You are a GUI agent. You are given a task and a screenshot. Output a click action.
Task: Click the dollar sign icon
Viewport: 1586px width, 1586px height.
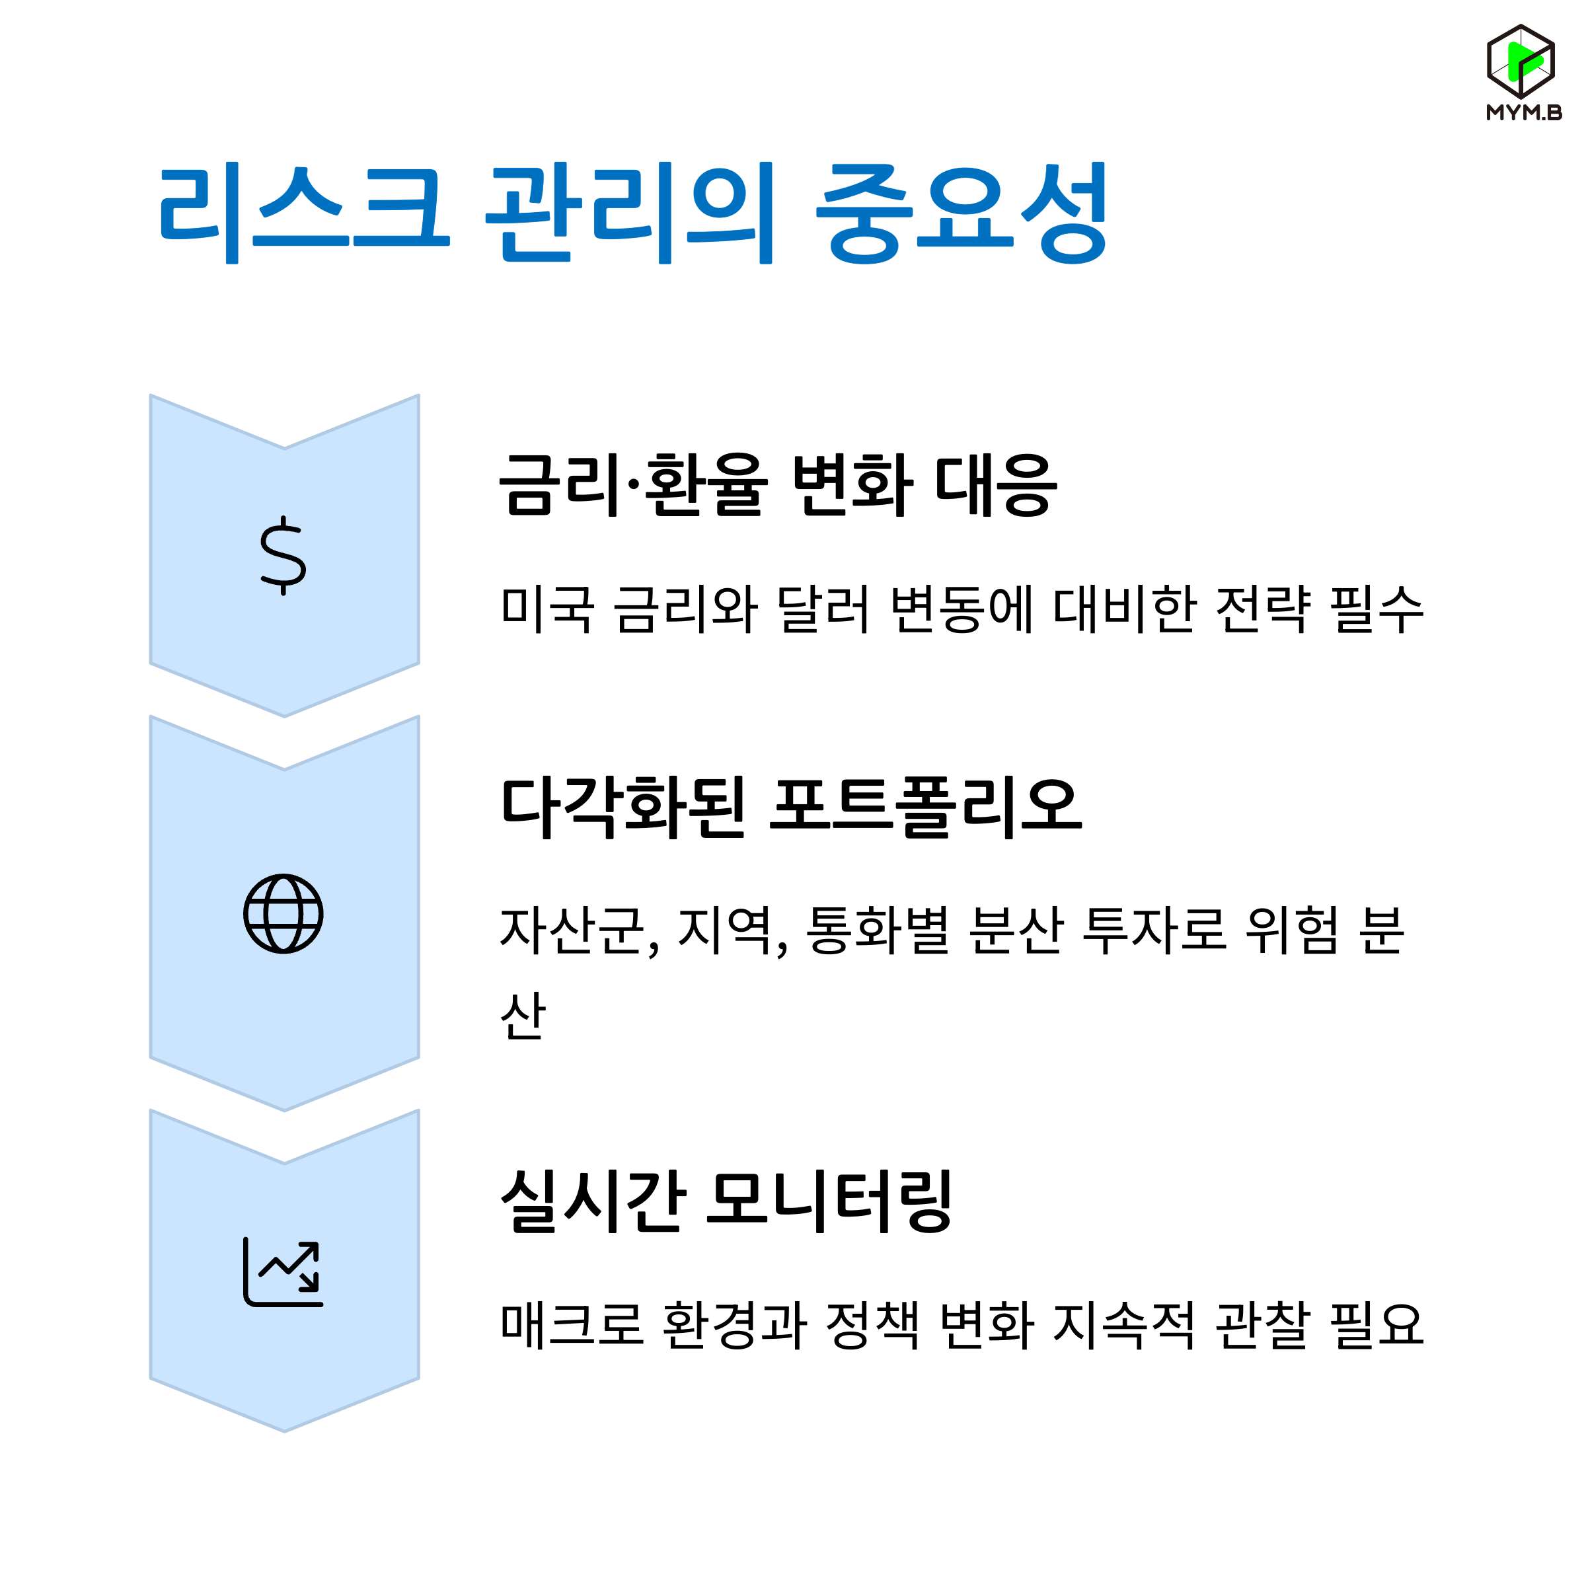(283, 556)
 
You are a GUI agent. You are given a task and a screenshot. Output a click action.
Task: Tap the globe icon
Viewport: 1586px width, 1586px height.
(283, 914)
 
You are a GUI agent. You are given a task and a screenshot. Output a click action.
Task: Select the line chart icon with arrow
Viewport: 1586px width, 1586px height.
(283, 1271)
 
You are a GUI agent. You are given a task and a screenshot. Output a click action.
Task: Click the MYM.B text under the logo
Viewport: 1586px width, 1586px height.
(1524, 113)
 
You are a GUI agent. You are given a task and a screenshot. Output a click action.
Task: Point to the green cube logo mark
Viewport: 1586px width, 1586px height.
(1521, 61)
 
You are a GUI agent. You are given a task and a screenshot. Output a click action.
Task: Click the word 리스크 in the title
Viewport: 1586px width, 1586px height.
(304, 211)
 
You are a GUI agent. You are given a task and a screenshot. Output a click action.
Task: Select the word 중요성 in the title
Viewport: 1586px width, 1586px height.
(962, 211)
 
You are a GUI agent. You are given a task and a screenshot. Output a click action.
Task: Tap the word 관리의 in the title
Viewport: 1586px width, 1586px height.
(630, 211)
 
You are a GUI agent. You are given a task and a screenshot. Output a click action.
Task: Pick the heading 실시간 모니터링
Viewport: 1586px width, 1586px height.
(726, 1201)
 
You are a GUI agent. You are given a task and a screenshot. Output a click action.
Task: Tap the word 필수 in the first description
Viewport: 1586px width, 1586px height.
(1377, 609)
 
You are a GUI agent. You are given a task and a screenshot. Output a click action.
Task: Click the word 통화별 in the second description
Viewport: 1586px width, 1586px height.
(878, 931)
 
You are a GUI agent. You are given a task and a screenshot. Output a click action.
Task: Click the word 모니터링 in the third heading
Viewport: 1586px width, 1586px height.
(830, 1201)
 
